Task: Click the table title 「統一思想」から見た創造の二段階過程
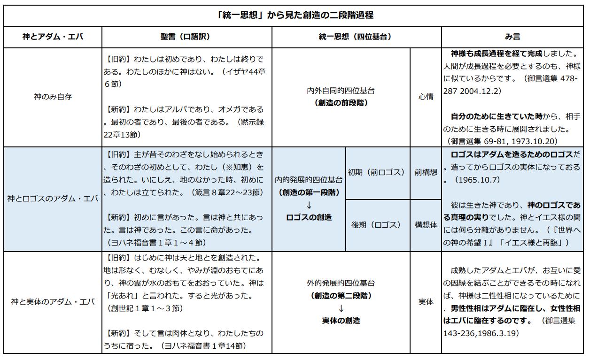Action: coord(295,15)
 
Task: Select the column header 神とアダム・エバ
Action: coord(53,37)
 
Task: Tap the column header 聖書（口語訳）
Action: coord(187,37)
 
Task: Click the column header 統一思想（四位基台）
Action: coord(356,37)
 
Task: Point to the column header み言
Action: coord(513,37)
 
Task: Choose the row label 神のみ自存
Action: coord(53,97)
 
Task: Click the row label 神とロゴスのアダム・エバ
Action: coord(53,199)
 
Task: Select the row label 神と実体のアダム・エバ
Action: coord(53,302)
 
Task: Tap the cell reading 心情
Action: coord(426,97)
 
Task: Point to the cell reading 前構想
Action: coord(426,172)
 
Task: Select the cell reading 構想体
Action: coord(426,225)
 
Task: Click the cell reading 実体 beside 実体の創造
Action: coord(426,302)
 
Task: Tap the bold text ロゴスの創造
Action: coord(309,217)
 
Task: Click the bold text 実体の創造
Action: coord(341,321)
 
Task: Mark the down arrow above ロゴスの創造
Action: coord(309,205)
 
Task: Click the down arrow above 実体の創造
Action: coord(341,308)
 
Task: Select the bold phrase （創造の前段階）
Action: coord(341,103)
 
